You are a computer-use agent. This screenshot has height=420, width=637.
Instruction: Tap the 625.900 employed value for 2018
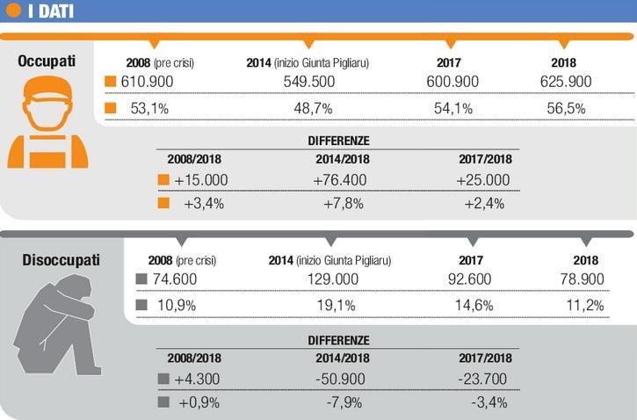566,82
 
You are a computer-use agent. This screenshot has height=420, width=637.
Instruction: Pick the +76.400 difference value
341,179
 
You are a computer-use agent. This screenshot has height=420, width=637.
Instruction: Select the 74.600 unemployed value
172,280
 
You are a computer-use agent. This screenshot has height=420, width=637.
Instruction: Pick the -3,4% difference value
486,403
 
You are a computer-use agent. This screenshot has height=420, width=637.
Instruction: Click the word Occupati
47,62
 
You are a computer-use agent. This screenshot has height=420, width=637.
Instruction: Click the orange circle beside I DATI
14,11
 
